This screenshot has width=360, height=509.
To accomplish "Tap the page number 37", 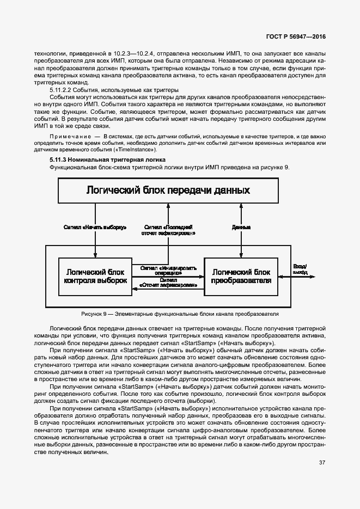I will (322, 463).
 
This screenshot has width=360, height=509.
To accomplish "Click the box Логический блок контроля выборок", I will (95, 277).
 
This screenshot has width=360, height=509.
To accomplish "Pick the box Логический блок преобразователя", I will (241, 277).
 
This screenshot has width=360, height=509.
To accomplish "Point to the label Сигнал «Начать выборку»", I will (95, 226).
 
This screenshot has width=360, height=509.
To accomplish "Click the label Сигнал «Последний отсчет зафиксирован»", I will (169, 230).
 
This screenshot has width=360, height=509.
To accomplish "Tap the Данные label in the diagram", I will (241, 226).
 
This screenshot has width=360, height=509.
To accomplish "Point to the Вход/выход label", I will (300, 268).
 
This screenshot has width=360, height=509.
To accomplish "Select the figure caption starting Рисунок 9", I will (180, 314).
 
